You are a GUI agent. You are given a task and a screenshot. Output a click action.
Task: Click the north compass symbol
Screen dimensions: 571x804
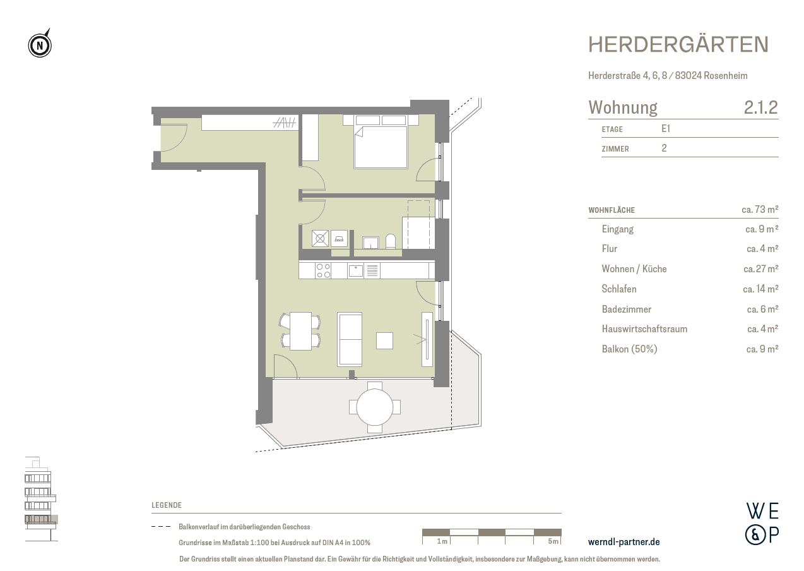[x=40, y=45]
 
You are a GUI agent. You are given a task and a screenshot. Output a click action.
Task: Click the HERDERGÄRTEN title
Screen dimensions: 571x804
[x=678, y=44]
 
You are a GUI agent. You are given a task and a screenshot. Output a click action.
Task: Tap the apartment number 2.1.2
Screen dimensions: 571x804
[x=760, y=107]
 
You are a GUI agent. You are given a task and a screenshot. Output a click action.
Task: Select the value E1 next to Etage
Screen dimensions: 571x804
[x=666, y=129]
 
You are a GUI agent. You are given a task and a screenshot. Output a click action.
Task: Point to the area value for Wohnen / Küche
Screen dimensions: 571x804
[x=760, y=269]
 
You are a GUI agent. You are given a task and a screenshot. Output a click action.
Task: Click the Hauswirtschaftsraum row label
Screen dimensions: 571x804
[x=644, y=329]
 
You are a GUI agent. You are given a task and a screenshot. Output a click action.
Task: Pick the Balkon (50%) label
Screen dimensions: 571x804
[x=629, y=349]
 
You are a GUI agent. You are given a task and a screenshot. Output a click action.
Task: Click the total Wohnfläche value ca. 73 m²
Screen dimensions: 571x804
[x=759, y=210]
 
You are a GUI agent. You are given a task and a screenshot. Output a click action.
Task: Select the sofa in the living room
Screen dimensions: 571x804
[x=350, y=339]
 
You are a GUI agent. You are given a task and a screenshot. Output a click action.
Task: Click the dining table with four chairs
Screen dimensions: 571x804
[x=300, y=331]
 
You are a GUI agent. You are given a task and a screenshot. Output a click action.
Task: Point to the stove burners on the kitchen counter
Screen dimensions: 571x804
[x=323, y=270]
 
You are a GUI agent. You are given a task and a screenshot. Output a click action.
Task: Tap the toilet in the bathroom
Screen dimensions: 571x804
[x=390, y=241]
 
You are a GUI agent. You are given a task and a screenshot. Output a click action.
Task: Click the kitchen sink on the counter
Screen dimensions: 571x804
[x=356, y=271]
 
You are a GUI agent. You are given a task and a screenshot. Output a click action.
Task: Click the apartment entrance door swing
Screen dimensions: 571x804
[x=172, y=138]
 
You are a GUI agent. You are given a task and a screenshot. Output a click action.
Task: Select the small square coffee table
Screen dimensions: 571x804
[x=384, y=340]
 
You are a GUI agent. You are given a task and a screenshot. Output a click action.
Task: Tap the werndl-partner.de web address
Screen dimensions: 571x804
[x=624, y=542]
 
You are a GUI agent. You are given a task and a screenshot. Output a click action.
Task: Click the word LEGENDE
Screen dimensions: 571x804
[x=167, y=505]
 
